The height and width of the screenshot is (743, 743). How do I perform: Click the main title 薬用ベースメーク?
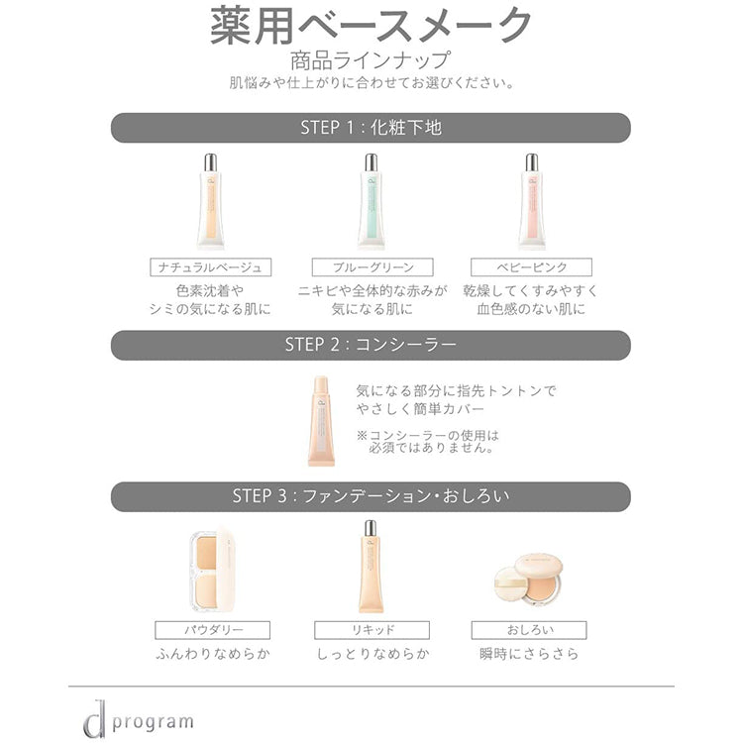(371, 26)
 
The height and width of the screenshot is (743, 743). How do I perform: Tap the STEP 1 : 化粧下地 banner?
(371, 128)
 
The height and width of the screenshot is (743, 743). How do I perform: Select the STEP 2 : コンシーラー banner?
(371, 345)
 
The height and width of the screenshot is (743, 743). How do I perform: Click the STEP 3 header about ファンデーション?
(371, 496)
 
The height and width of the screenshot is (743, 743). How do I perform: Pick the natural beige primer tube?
(210, 201)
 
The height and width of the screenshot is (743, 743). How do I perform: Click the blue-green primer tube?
(371, 201)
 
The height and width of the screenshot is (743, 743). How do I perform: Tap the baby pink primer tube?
(532, 201)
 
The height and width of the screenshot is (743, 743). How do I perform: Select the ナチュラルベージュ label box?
(210, 267)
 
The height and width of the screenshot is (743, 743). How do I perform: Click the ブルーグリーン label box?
(372, 267)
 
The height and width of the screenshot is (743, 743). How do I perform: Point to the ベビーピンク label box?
(531, 267)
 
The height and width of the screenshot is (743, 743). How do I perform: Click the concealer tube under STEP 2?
(322, 421)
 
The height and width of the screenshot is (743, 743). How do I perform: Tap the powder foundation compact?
(212, 572)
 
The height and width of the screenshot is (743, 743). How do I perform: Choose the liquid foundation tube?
(371, 567)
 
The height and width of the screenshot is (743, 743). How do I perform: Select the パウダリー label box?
(213, 630)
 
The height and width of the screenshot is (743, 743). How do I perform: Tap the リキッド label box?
(371, 630)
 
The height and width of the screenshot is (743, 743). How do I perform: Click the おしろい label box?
(529, 630)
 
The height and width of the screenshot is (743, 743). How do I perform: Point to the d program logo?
(139, 718)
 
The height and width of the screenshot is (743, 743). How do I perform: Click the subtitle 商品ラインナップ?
(371, 60)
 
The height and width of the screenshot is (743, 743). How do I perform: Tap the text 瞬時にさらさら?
(529, 654)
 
